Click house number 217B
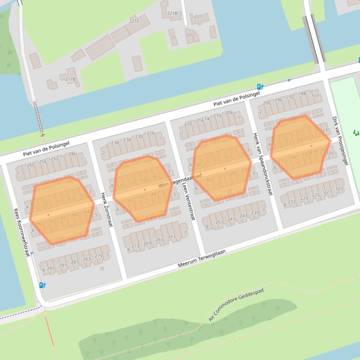point(70,79)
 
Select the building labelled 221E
point(134,21)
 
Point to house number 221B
point(172,13)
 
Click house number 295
point(50,268)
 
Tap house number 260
point(30,165)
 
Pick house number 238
point(115,143)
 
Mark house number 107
point(339,189)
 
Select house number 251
point(219,222)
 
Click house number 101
point(316,96)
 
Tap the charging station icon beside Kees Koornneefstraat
point(42,285)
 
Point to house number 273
point(135,246)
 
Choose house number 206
point(229,113)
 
